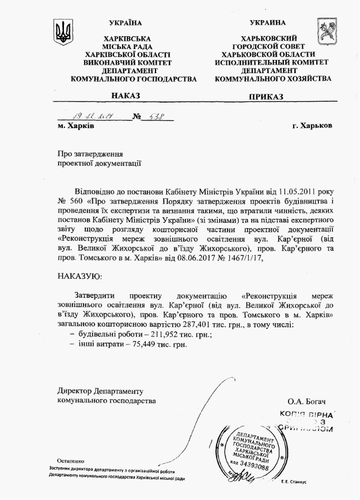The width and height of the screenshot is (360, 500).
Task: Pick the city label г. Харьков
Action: (312, 126)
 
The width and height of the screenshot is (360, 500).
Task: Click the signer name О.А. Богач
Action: (309, 401)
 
